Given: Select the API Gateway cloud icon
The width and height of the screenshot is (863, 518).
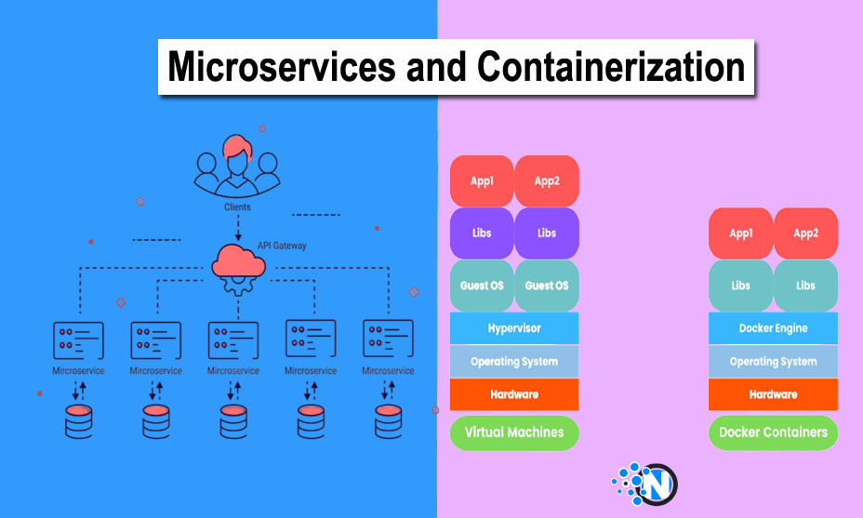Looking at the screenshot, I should click(x=237, y=266).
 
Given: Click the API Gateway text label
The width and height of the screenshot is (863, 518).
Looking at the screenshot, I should click(x=282, y=246).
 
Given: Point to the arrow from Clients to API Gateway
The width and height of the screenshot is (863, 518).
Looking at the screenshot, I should click(x=237, y=228).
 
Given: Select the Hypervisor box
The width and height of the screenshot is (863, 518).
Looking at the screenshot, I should click(x=514, y=328).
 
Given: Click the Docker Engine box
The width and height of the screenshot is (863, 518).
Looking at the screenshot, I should click(x=773, y=328).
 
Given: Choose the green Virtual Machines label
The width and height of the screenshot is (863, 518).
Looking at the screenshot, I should click(x=514, y=432).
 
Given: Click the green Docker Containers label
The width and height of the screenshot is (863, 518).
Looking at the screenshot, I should click(x=773, y=432).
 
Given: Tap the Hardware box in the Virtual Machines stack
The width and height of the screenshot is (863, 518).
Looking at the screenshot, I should click(x=514, y=394).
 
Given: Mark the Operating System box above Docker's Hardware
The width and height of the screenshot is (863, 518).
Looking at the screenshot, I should click(x=773, y=362).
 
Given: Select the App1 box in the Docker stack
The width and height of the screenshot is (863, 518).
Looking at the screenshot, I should click(x=741, y=233).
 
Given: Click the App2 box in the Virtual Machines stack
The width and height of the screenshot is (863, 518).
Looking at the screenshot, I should click(x=547, y=180).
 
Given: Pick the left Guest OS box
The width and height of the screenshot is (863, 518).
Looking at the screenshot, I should click(x=482, y=286).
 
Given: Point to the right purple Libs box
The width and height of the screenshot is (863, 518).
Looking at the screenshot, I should click(x=547, y=232).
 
